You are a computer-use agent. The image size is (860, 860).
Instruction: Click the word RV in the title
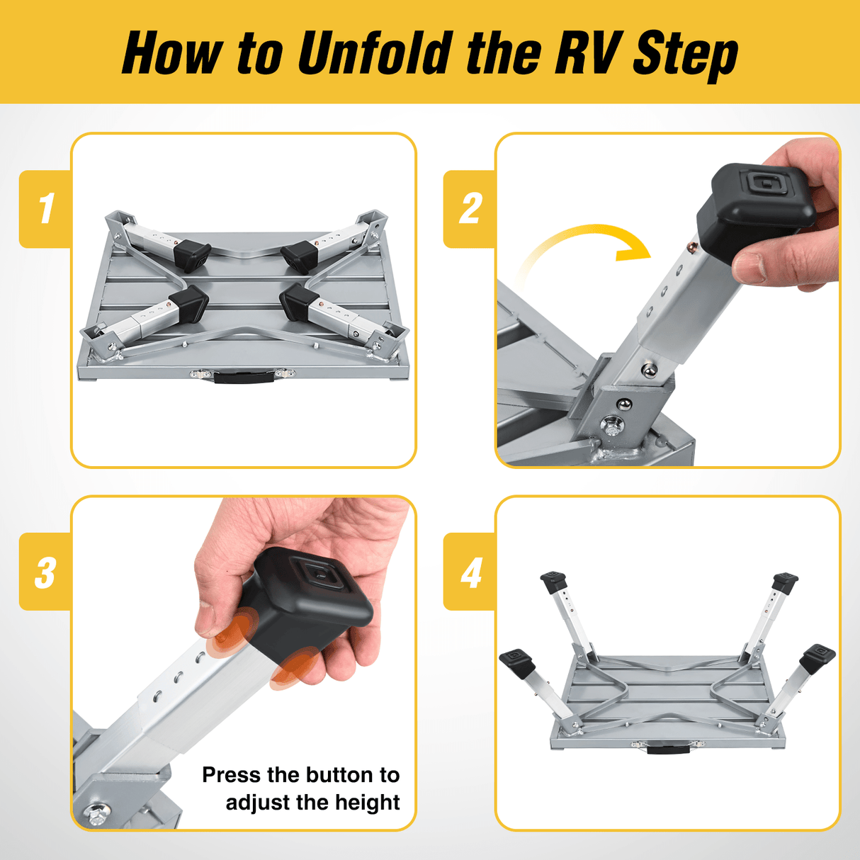586,54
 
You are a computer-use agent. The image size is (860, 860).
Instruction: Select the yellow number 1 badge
45,208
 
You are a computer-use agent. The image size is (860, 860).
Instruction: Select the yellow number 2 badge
470,208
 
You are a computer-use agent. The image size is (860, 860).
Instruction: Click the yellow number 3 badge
45,572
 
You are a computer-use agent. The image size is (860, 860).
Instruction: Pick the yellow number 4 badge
470,572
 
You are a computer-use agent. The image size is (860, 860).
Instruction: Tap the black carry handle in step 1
243,377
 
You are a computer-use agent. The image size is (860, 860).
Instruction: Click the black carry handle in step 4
667,748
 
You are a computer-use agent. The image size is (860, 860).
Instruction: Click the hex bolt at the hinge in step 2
611,426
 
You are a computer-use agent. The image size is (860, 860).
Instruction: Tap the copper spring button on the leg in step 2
692,247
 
